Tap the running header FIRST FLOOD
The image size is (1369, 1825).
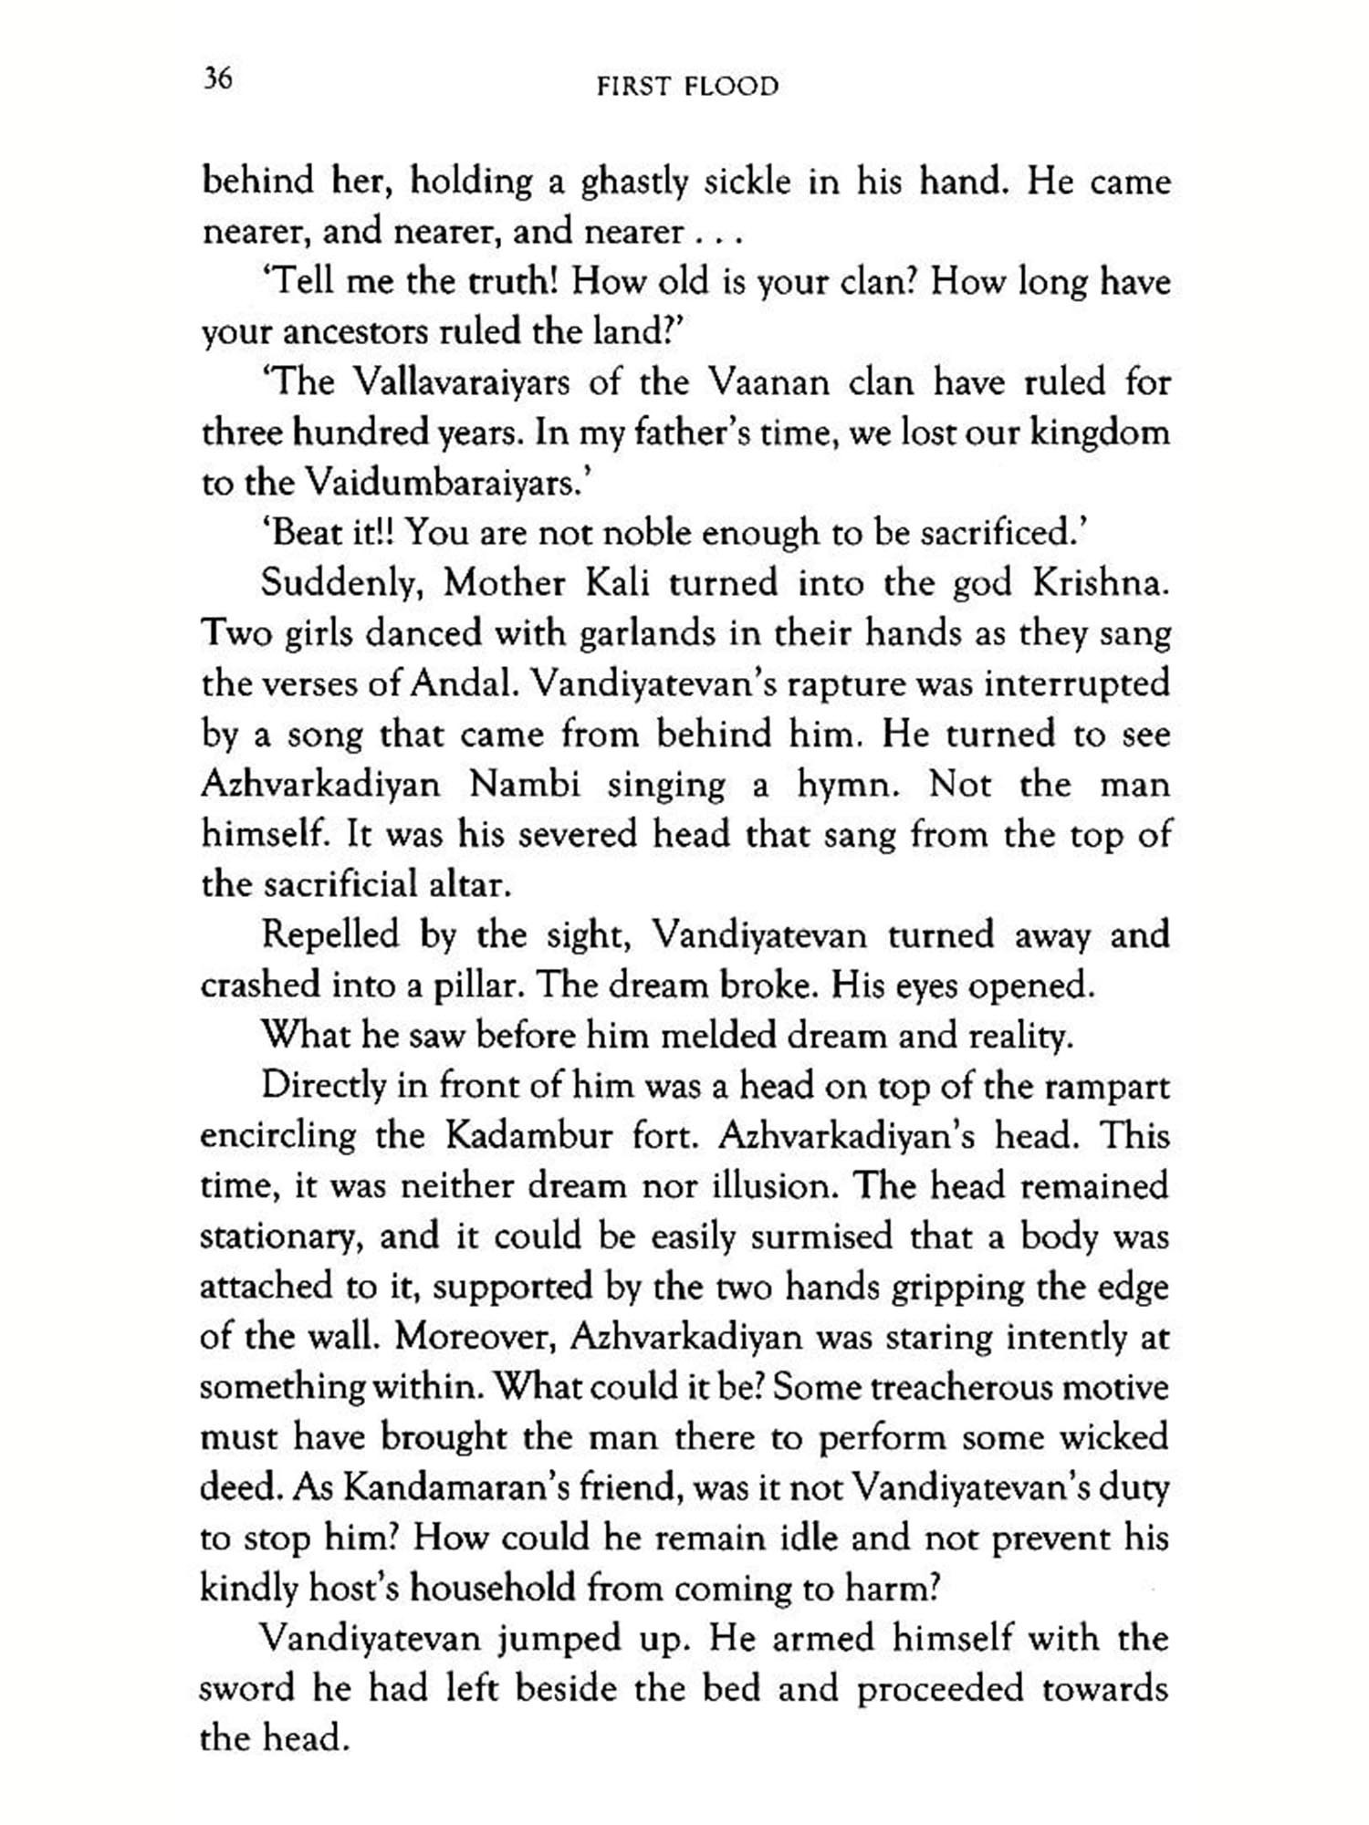pyautogui.click(x=687, y=87)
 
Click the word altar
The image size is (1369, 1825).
pyautogui.click(x=469, y=884)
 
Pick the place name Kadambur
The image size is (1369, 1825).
pyautogui.click(x=529, y=1136)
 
